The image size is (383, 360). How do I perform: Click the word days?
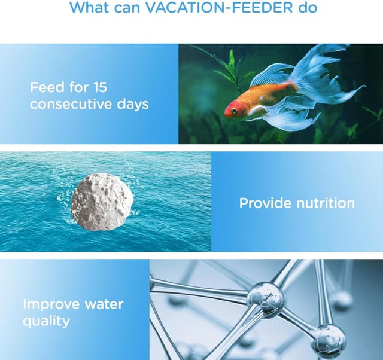click(x=132, y=104)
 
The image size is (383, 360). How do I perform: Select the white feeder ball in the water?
click(x=102, y=202)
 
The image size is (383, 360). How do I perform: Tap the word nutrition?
click(x=326, y=203)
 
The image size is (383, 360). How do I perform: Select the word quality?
click(x=46, y=321)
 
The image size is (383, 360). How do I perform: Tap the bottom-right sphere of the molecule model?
click(x=328, y=340)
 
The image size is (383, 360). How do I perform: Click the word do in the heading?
click(x=309, y=8)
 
